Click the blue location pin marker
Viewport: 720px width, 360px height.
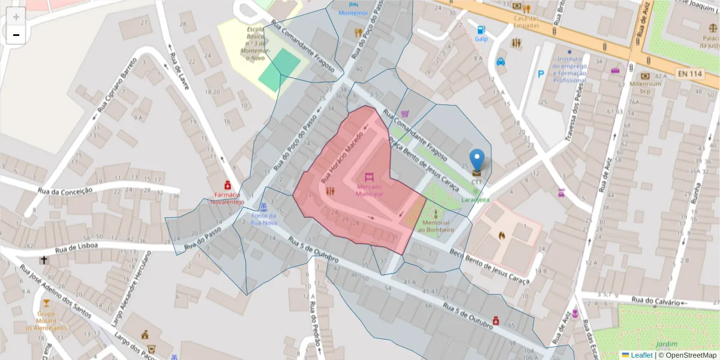[x=476, y=160]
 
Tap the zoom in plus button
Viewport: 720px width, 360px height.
[x=16, y=17]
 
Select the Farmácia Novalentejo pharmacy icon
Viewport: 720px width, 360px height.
[x=227, y=185]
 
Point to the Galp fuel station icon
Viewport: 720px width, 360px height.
[x=481, y=29]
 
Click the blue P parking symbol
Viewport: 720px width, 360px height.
[x=541, y=74]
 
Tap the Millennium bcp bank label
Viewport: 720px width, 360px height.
[x=645, y=88]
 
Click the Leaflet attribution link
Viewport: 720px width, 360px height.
[x=641, y=355]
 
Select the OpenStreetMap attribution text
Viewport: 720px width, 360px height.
[x=688, y=355]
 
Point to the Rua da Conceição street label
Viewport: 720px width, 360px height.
[x=65, y=191]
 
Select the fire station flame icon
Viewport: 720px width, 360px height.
[x=501, y=235]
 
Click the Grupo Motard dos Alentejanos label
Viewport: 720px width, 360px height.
[x=46, y=320]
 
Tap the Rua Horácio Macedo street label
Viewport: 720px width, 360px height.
[x=343, y=157]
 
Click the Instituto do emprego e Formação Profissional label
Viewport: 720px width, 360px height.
[x=569, y=70]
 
